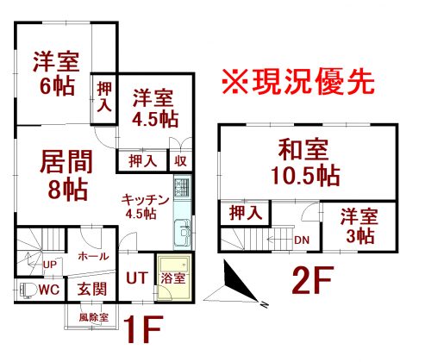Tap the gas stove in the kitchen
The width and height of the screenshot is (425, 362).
pos(182,186)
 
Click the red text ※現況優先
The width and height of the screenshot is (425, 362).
pos(298,82)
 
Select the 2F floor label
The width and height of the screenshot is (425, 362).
pos(313,280)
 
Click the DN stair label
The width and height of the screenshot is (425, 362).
pos(302,240)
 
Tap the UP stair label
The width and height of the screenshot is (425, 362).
pos(50,265)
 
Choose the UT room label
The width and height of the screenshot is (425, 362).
pos(137,278)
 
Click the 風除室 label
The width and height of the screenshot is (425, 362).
pos(94,317)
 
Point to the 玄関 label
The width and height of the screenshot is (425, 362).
pos(92,289)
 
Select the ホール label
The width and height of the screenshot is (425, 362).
pos(93,256)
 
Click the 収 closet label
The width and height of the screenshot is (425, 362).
pos(181,161)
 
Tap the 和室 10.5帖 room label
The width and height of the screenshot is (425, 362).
pos(305,162)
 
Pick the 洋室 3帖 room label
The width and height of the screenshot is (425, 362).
pos(359,227)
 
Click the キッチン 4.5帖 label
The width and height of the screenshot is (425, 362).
pos(145,207)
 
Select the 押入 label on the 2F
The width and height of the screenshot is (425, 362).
pos(246,214)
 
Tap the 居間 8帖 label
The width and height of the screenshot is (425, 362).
pos(66,175)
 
